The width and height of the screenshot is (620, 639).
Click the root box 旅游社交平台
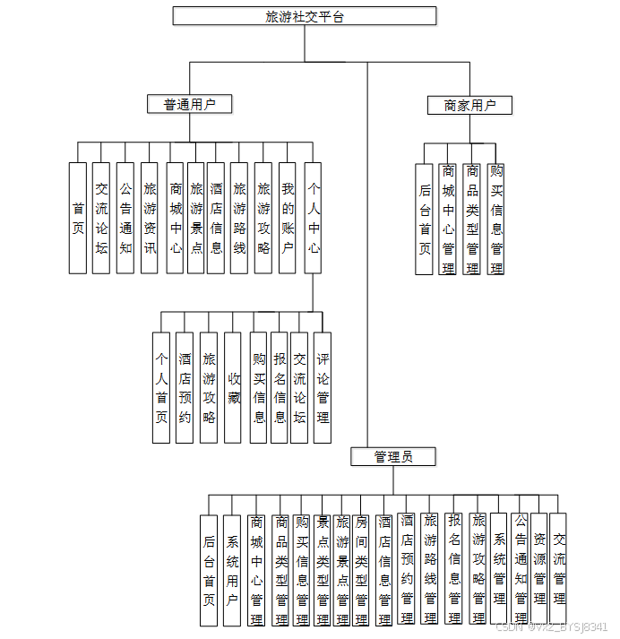[x=304, y=16]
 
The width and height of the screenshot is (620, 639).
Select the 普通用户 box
[x=189, y=105]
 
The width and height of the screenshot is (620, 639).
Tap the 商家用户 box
[x=469, y=106]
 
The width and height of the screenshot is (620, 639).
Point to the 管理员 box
[x=393, y=457]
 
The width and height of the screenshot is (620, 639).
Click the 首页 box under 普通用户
[x=78, y=218]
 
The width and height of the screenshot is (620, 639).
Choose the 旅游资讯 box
[x=150, y=218]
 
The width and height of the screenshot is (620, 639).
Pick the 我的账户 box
[x=287, y=218]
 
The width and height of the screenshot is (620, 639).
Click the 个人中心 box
[x=314, y=218]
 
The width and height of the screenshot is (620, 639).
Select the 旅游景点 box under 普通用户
[x=196, y=218]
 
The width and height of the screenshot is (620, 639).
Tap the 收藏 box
[x=233, y=387]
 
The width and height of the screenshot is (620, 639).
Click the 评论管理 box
[x=323, y=387]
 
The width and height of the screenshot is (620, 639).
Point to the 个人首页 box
[x=161, y=387]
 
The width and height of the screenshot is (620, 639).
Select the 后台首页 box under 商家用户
[x=425, y=219]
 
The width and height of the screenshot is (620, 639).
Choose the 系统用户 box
[x=232, y=570]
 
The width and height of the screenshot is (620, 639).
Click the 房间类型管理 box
[x=361, y=570]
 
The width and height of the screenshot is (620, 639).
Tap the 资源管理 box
[x=538, y=570]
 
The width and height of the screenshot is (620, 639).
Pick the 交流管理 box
[x=558, y=570]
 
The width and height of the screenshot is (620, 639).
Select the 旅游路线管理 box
[x=430, y=570]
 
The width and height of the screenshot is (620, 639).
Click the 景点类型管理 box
[x=322, y=570]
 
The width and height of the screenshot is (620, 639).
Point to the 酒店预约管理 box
[x=408, y=570]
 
